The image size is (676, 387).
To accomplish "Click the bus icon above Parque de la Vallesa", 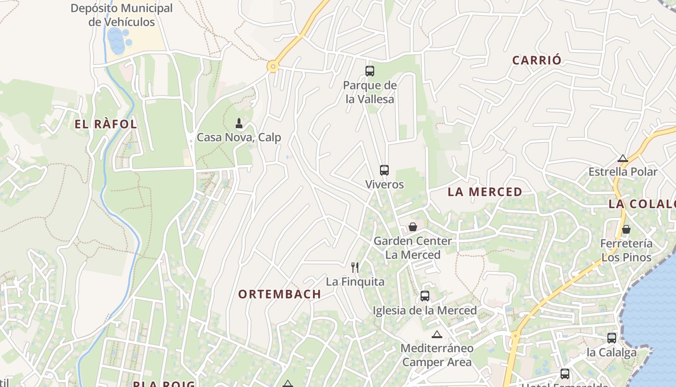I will pos(369,71).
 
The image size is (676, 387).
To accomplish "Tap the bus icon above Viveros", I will pos(384,170).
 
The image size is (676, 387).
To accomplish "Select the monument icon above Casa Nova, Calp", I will pos(239,123).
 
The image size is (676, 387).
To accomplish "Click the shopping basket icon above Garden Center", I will pos(413,226).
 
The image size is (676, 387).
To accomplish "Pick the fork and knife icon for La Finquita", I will pos(355,267).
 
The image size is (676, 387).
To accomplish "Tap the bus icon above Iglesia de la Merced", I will pos(425,296).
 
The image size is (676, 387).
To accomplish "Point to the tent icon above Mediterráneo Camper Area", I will pos(437,334).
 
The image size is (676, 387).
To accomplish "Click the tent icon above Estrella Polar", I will pos(623,158).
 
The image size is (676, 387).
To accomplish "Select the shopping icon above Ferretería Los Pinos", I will pos(626,229).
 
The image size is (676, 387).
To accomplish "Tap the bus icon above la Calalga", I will pos(612,338).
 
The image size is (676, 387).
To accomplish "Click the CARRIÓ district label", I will pos(537,60).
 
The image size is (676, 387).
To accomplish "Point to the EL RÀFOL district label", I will pos(106,124).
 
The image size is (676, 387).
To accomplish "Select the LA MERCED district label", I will pos(485,192).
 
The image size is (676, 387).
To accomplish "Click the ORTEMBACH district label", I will pos(280,294).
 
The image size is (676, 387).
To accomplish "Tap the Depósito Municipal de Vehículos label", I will pos(122,15).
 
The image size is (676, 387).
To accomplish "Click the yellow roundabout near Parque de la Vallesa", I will pos(273,67).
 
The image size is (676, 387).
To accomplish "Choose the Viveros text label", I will pos(384,184).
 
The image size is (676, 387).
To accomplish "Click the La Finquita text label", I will pos(355,282).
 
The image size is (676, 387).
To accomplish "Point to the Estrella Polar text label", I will pos(623,172).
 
